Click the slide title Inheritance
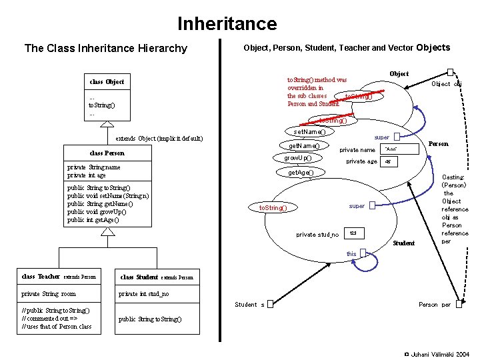click(x=227, y=24)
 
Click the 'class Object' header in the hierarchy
click(x=107, y=82)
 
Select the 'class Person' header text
click(x=107, y=153)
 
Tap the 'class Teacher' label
click(x=41, y=276)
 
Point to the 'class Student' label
click(x=139, y=276)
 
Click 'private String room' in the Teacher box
click(x=49, y=293)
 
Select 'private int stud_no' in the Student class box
click(x=143, y=293)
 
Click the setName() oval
click(x=310, y=132)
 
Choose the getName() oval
click(x=304, y=146)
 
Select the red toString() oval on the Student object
click(x=273, y=207)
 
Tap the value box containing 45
click(x=389, y=161)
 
